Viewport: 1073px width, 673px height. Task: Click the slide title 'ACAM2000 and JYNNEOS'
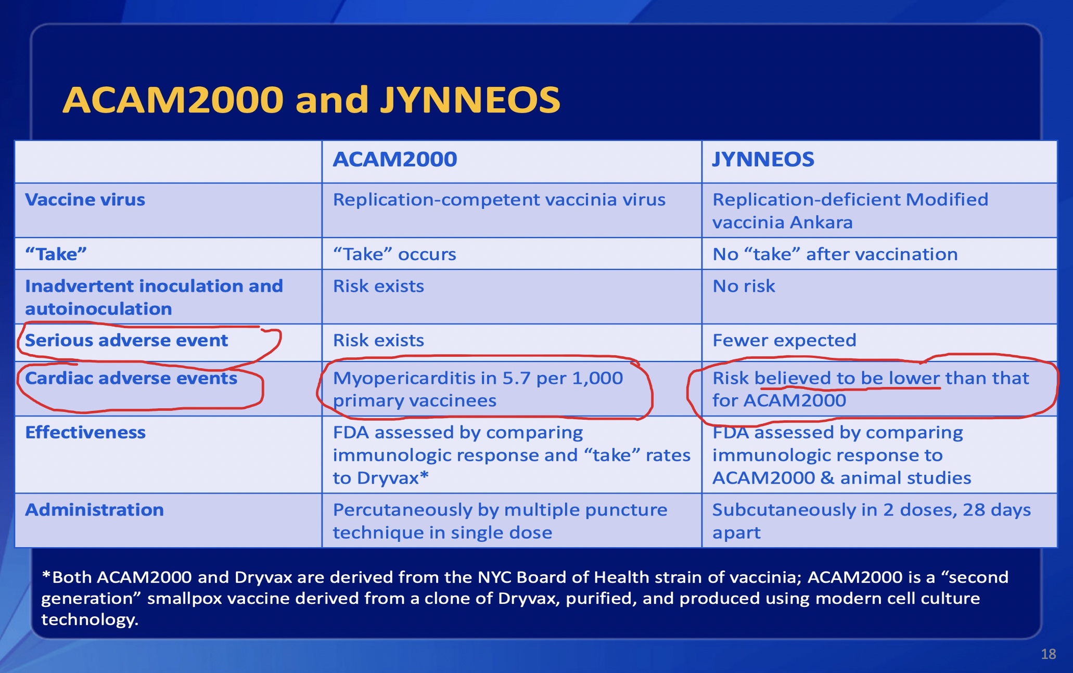[x=311, y=100]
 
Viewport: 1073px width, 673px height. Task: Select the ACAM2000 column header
[x=395, y=159]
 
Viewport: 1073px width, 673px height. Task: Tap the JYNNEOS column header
[x=763, y=159]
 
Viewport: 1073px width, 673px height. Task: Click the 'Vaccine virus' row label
[x=85, y=200]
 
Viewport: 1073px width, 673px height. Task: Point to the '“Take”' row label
[x=56, y=254]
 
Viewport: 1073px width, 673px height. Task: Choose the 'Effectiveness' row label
[x=85, y=432]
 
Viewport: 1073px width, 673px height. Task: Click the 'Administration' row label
[x=94, y=510]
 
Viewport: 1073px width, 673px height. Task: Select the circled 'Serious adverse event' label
[x=126, y=340]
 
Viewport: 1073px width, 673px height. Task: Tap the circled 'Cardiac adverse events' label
[x=131, y=378]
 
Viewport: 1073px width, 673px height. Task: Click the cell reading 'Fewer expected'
[x=784, y=340]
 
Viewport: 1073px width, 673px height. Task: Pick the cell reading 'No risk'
[x=744, y=286]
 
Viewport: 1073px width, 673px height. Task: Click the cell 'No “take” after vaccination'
[x=835, y=254]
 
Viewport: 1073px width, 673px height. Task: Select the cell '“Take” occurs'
[x=394, y=254]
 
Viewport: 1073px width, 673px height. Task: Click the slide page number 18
[x=1049, y=654]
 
